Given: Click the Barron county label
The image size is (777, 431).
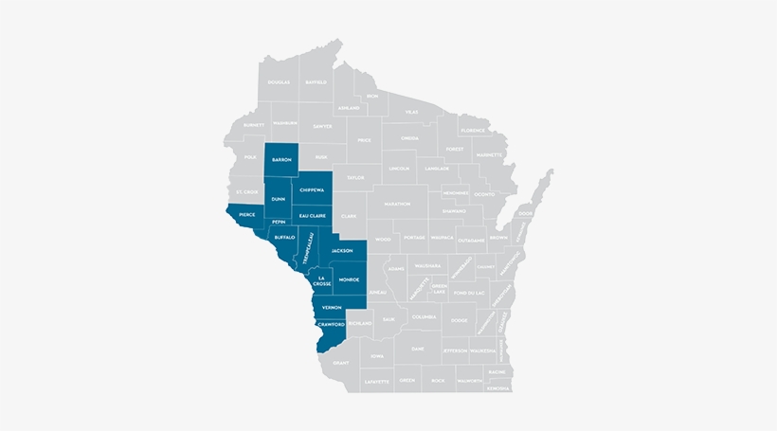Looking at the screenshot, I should (x=281, y=160).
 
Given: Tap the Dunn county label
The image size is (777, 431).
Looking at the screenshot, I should (x=278, y=199).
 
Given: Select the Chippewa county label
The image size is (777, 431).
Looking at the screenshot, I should (x=312, y=190).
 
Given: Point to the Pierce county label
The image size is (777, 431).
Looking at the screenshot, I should (x=246, y=214).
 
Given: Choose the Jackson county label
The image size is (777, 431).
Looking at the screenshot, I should (x=341, y=250).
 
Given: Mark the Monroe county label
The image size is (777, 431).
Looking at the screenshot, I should (x=349, y=280).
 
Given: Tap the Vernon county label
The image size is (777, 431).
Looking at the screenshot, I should (x=332, y=308).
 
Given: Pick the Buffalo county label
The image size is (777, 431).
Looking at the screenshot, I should (x=285, y=237).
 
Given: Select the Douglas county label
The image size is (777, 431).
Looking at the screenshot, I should (x=279, y=82).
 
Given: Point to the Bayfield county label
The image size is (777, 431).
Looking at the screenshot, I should (x=316, y=82).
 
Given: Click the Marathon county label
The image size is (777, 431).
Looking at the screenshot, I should (x=398, y=204).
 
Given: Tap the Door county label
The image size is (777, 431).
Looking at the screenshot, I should (x=526, y=213).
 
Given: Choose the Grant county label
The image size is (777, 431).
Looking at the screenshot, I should (x=341, y=361).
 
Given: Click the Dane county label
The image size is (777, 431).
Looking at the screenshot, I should (x=418, y=350).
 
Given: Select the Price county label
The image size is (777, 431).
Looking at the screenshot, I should (x=364, y=139).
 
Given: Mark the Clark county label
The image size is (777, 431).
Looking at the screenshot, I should (x=349, y=216).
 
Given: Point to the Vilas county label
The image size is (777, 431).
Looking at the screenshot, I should (x=411, y=112).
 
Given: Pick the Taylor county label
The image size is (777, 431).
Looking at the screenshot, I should (x=355, y=177).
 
